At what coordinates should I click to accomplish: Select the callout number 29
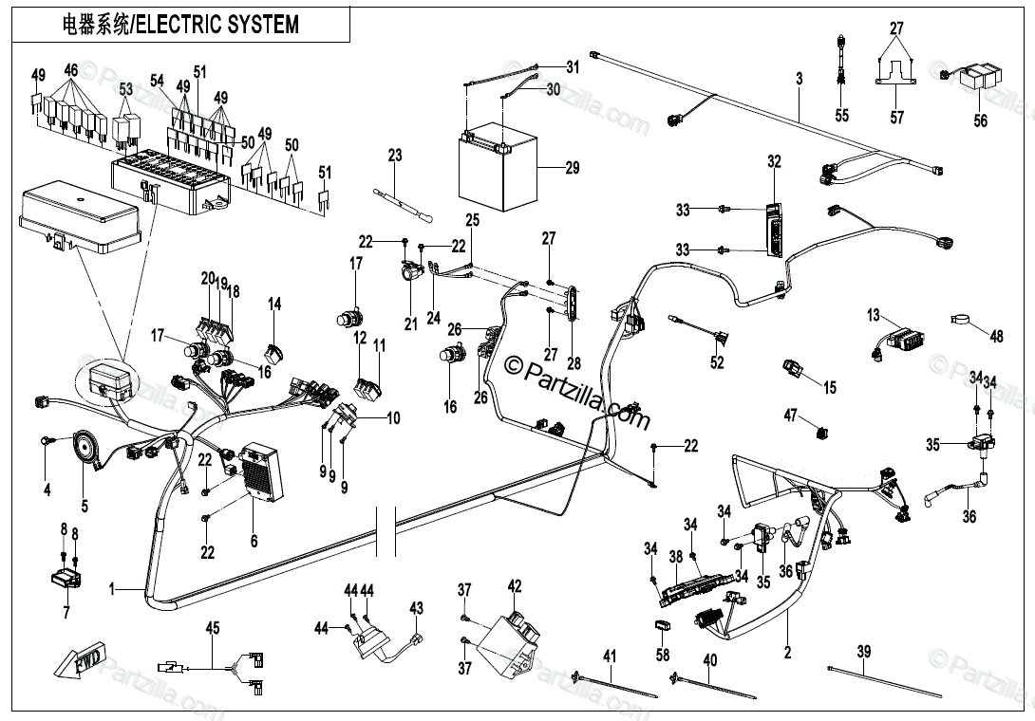(572, 169)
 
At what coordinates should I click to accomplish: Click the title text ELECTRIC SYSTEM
(217, 25)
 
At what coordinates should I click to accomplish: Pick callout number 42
(514, 586)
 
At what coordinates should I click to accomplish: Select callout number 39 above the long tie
(863, 651)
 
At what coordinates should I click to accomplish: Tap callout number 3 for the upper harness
(800, 80)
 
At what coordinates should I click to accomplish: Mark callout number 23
(395, 156)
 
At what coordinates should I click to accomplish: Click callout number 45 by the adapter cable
(213, 627)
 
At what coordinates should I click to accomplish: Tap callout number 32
(774, 162)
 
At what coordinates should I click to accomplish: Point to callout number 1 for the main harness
(111, 589)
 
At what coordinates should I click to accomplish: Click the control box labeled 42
(509, 634)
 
